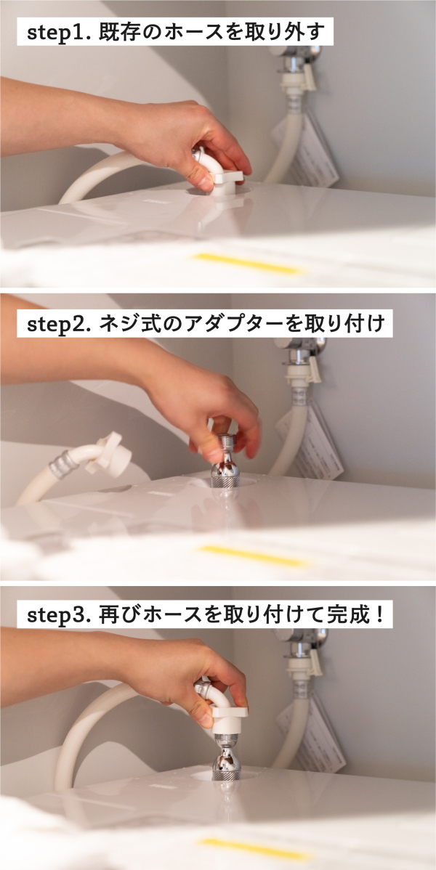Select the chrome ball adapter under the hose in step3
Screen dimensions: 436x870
click(226, 757)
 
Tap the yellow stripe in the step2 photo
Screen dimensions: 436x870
click(254, 555)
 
